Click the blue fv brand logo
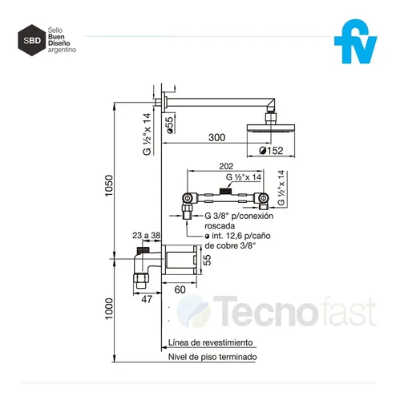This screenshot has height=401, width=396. pyautogui.click(x=355, y=42)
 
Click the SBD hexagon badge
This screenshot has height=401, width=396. pyautogui.click(x=32, y=40)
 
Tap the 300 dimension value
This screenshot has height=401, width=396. pyautogui.click(x=216, y=137)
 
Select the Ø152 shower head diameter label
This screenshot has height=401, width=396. pyautogui.click(x=271, y=151)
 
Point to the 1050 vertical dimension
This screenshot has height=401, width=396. pyautogui.click(x=109, y=185)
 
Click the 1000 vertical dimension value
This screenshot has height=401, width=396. pyautogui.click(x=109, y=309)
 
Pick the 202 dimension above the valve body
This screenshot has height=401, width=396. pyautogui.click(x=226, y=166)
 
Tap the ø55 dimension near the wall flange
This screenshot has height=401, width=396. pyautogui.click(x=170, y=125)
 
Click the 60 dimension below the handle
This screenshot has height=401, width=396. pyautogui.click(x=180, y=290)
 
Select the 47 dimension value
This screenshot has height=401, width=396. pyautogui.click(x=147, y=299)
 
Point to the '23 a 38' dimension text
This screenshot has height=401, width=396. pyautogui.click(x=147, y=235)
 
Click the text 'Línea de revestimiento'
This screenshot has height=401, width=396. pyautogui.click(x=211, y=342)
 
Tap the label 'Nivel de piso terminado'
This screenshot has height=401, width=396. pyautogui.click(x=212, y=357)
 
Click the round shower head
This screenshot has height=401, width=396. pyautogui.click(x=271, y=128)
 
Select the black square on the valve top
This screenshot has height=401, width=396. pyautogui.click(x=225, y=191)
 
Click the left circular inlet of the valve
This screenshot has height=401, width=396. pyautogui.click(x=188, y=198)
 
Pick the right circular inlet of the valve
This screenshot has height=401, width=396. pyautogui.click(x=263, y=198)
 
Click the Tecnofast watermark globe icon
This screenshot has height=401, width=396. pyautogui.click(x=194, y=311)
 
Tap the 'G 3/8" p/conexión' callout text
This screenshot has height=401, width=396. pyautogui.click(x=239, y=216)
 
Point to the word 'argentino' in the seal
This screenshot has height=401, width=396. pyautogui.click(x=62, y=50)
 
